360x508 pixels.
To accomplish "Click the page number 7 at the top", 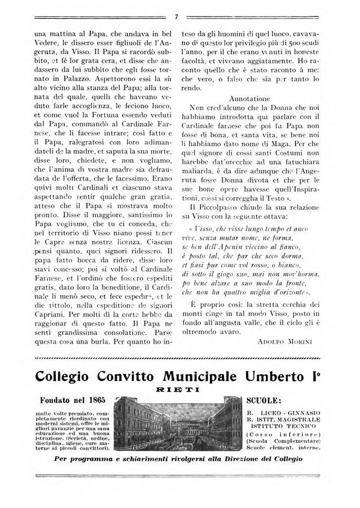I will coord(177,16).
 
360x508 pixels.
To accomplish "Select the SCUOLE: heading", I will coord(266,401).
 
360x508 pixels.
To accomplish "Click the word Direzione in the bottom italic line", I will coord(238,458).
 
